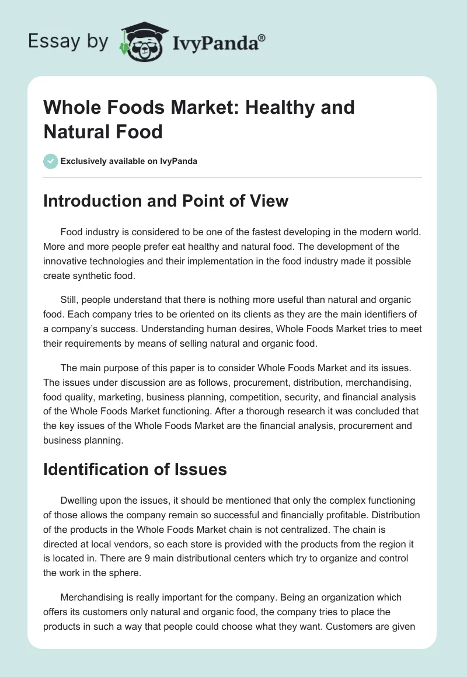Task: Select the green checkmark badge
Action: click(x=51, y=161)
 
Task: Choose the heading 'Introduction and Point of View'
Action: click(x=166, y=201)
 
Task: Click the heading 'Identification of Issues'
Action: click(x=135, y=469)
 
